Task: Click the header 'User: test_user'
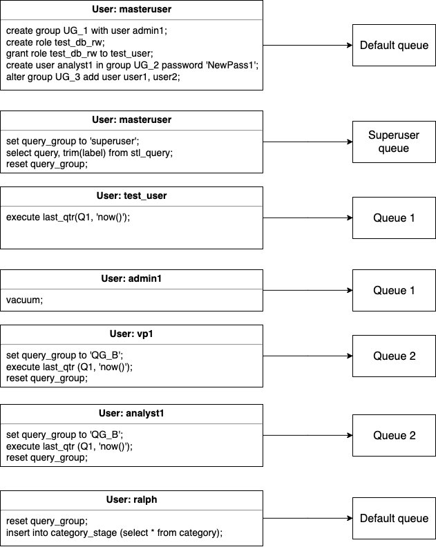coord(131,196)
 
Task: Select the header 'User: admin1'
coord(131,279)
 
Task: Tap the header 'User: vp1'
coord(131,334)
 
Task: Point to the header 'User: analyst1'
coord(131,414)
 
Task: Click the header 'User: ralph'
coord(131,500)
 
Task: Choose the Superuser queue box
coord(393,142)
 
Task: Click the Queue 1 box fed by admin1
coord(393,291)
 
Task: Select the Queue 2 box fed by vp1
coord(393,356)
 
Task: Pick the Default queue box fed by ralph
coord(393,518)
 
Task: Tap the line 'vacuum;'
coord(24,300)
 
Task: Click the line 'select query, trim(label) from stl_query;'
coord(90,153)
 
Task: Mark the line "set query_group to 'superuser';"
coord(73,142)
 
